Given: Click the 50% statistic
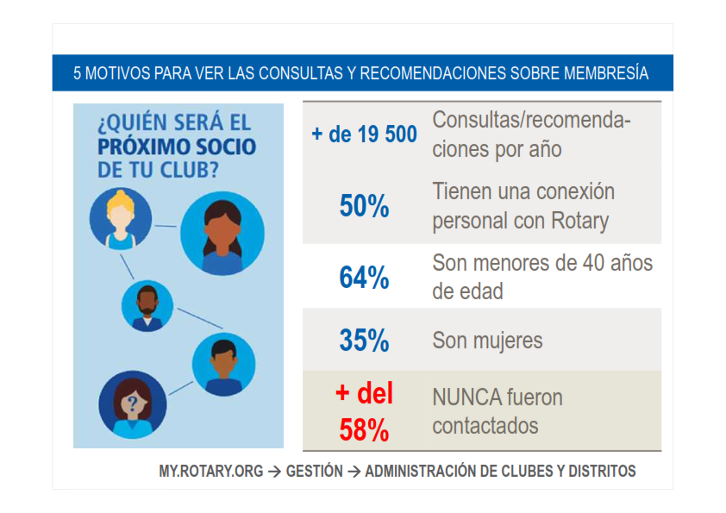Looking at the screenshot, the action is (364, 205).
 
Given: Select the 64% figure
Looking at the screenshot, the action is (364, 278).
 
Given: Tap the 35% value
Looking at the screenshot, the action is (364, 341).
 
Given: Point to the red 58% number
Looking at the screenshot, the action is (364, 429).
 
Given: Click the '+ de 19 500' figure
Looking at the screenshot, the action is (365, 135).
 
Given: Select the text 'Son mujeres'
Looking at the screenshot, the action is (487, 341).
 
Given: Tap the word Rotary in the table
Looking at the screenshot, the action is (579, 221).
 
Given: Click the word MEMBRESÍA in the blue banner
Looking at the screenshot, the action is (606, 73).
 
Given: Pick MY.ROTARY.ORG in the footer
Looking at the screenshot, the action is (210, 472).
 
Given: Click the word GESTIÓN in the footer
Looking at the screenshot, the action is (314, 472).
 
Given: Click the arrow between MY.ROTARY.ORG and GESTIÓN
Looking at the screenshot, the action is (274, 472).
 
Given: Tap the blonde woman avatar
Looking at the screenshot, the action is (121, 218).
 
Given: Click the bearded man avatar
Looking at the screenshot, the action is (147, 305).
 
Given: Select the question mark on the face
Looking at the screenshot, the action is (133, 404).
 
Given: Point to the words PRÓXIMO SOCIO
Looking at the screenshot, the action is (177, 147).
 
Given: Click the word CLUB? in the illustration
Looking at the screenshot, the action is (189, 170).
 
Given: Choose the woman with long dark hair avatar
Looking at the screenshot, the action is (222, 234).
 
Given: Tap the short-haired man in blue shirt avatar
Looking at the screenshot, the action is (223, 365).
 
